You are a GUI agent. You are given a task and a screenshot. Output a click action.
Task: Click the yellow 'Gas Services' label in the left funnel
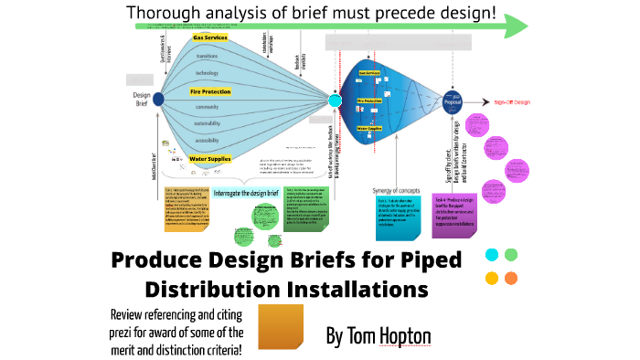[209, 37]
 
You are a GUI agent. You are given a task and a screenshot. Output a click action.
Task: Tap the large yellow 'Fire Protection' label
[209, 91]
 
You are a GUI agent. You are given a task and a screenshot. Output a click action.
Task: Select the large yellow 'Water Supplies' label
[209, 158]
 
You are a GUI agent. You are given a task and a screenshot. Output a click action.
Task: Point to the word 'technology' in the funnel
[207, 72]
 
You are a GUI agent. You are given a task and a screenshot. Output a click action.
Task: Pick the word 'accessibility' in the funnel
[207, 141]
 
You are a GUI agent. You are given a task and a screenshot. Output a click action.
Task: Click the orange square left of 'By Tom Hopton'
[282, 327]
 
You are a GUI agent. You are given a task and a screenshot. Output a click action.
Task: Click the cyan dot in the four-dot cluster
[491, 254]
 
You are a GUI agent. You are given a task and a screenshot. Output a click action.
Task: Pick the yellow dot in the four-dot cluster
[491, 278]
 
